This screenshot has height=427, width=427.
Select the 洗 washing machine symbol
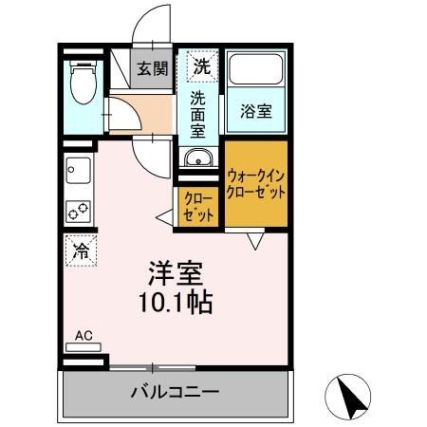click(x=200, y=66)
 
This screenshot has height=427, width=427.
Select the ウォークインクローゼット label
click(x=256, y=182)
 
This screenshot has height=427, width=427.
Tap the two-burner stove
click(x=77, y=210)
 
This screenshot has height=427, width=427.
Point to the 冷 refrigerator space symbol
click(x=83, y=251)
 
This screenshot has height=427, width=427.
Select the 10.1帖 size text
click(x=176, y=303)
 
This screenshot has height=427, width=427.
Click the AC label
click(x=84, y=335)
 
